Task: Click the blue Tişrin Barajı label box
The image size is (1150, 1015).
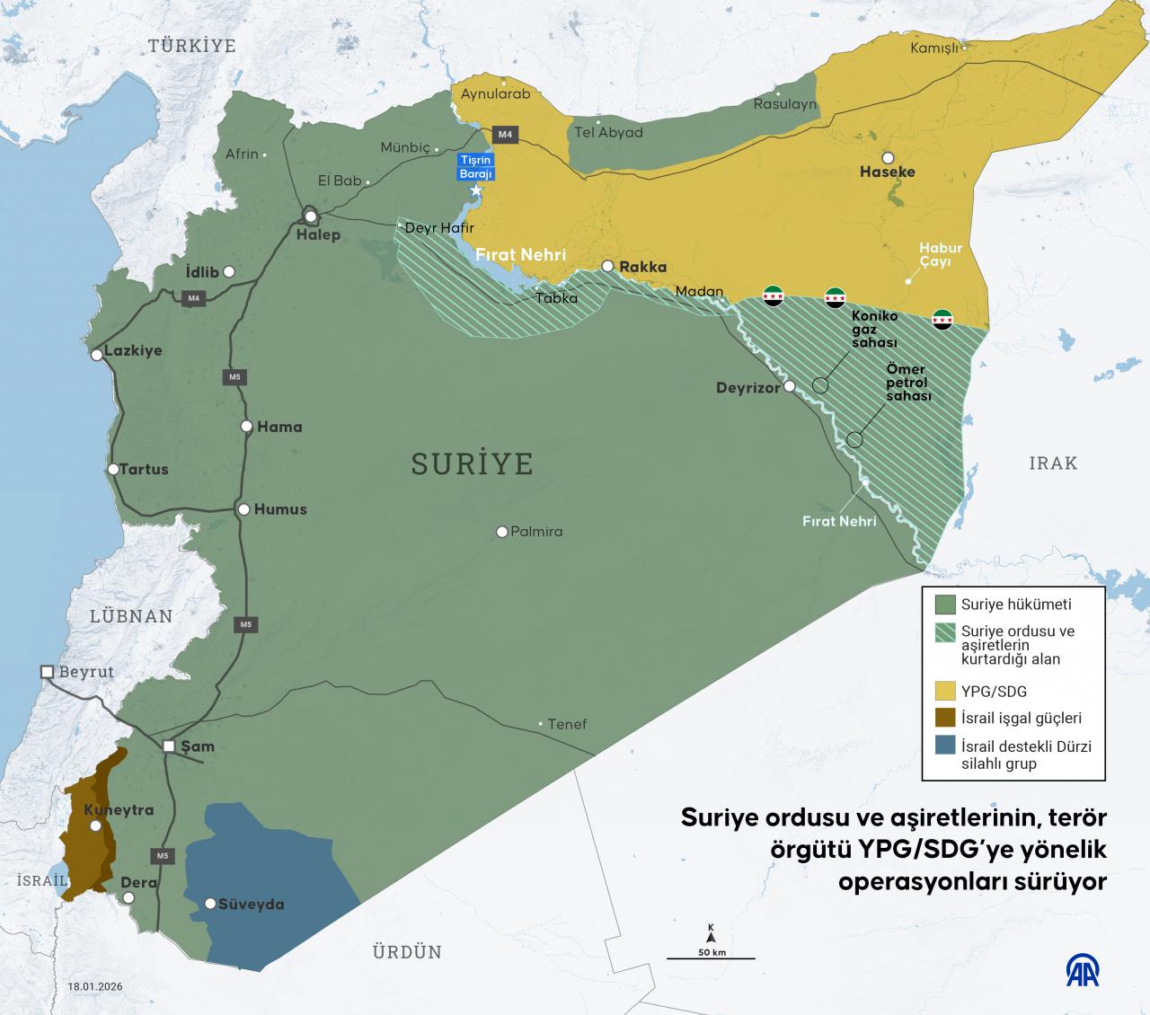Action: tap(477, 166)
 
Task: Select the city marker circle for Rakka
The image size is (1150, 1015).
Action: tap(608, 266)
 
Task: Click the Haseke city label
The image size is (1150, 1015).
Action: tap(888, 171)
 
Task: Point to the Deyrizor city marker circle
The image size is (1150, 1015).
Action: tap(789, 387)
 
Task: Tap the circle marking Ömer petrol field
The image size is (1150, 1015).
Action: tap(854, 440)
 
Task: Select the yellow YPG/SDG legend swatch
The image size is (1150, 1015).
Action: tap(945, 691)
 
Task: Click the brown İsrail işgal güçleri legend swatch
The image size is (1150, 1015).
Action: tap(945, 718)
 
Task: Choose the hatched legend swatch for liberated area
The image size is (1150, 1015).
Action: tap(945, 631)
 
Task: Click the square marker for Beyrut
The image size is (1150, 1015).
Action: tap(47, 672)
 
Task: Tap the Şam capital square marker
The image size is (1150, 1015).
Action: tap(170, 746)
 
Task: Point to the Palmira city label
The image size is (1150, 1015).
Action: tap(536, 532)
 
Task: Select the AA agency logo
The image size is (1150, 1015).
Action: tap(1083, 971)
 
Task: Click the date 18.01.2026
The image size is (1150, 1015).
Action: tap(95, 986)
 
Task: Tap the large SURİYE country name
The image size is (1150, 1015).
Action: tap(472, 463)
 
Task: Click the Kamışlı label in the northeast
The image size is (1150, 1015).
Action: tap(934, 49)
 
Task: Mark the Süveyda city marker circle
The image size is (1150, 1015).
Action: tap(210, 904)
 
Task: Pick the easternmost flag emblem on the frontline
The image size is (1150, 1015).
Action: tap(942, 318)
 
